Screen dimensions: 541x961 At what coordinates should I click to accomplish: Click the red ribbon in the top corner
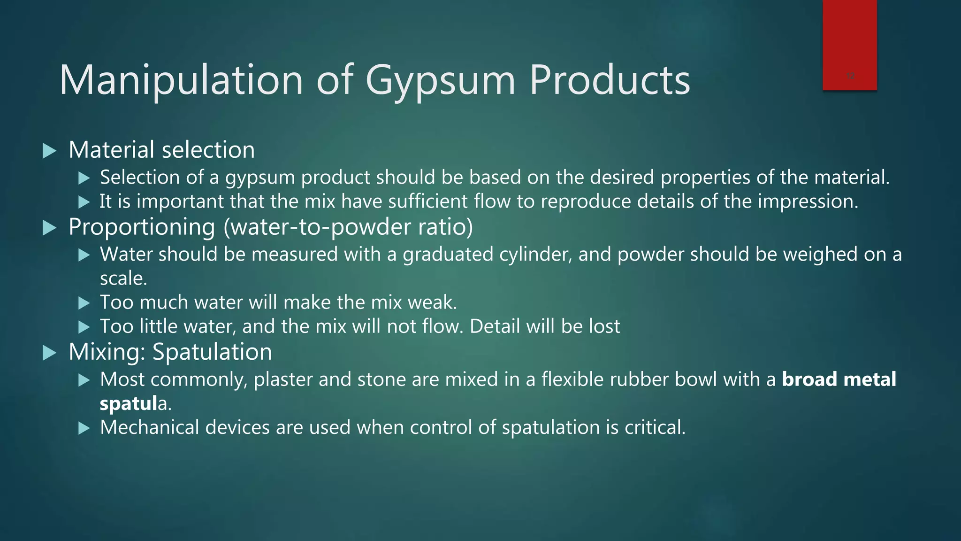pos(849,45)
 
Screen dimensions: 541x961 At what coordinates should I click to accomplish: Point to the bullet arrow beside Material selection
pos(49,151)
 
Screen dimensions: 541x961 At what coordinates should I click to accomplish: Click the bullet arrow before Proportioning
pos(49,228)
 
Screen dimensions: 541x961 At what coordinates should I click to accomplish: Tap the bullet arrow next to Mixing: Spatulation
pos(49,353)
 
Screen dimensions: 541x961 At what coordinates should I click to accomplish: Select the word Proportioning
pos(142,227)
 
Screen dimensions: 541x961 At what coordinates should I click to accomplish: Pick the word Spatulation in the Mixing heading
pos(212,352)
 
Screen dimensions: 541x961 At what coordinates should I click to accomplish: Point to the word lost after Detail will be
pos(603,326)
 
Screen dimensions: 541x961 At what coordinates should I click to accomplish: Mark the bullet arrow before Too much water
pos(84,303)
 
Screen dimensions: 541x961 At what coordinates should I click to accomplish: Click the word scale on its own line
pos(123,278)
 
